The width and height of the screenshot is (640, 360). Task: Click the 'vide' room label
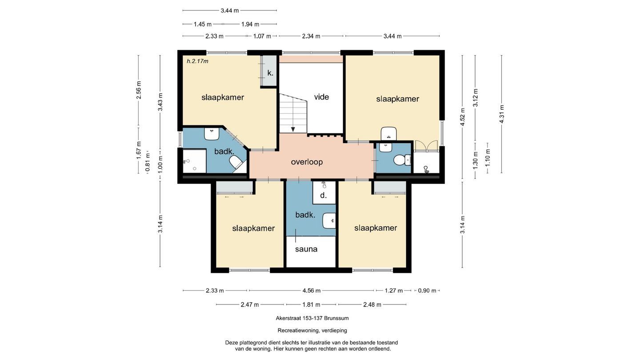(321, 97)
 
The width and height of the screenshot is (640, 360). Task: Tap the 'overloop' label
(307, 162)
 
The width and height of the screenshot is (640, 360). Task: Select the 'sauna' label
(306, 249)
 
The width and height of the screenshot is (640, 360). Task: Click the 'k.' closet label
(270, 73)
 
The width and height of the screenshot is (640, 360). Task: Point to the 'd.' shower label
(323, 196)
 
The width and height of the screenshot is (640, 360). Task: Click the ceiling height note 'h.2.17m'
(197, 61)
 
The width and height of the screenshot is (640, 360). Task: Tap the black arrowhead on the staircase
(293, 129)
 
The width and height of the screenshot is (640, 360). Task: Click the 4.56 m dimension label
(312, 291)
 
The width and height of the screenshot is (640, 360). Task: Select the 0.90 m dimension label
(427, 291)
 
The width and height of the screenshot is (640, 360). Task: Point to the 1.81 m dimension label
(311, 304)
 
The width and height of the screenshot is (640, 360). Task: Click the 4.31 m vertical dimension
(502, 114)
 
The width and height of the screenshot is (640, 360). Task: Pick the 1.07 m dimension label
(262, 36)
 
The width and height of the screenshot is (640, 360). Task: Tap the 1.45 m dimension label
(203, 24)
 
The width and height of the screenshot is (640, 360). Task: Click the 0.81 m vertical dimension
(148, 162)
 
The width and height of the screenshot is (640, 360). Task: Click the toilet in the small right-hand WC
(402, 160)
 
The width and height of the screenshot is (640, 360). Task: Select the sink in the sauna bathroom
(329, 220)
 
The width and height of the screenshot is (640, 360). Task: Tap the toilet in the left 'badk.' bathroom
(236, 163)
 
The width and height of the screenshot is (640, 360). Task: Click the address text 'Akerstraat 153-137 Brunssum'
(312, 318)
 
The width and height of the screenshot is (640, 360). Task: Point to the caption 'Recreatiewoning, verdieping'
(312, 331)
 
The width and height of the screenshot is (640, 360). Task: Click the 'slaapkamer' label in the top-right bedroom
(397, 99)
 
